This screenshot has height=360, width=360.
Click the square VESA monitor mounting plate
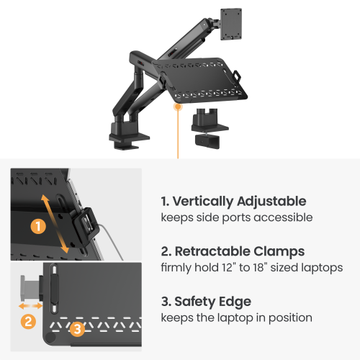point(231,24)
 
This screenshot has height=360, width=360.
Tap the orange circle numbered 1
point(38,226)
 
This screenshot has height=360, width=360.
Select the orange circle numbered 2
point(28,321)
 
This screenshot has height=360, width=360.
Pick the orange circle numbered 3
point(77,329)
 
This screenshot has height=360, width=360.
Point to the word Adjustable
point(271,202)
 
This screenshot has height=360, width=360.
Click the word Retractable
point(212,251)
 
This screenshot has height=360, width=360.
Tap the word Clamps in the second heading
point(279,252)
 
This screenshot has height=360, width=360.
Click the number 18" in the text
point(260,267)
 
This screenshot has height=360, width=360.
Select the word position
point(290,318)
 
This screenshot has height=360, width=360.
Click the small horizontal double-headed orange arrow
point(30,306)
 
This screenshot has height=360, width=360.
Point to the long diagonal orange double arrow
point(55,224)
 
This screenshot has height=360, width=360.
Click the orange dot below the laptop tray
point(178,107)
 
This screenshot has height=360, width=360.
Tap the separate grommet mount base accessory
point(210,128)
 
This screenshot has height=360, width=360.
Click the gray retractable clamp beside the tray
point(30,288)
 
